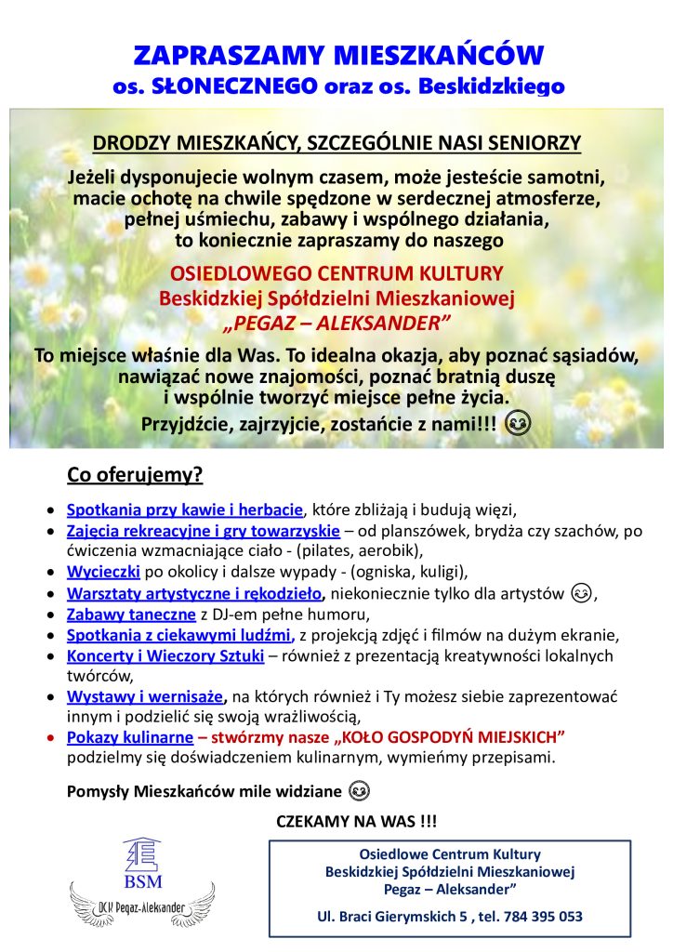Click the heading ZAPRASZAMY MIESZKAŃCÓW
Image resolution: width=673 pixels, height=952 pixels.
[x=337, y=54]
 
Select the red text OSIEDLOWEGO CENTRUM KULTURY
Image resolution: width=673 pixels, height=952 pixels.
[x=336, y=274]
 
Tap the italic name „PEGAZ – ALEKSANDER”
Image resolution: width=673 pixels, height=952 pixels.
[x=336, y=322]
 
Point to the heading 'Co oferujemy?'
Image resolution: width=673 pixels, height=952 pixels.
[x=135, y=476]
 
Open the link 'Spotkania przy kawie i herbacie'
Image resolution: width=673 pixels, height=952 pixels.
[x=185, y=509]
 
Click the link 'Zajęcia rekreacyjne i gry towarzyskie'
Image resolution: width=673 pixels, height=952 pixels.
[x=204, y=532]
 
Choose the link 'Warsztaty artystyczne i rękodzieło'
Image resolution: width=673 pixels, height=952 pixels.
[x=194, y=593]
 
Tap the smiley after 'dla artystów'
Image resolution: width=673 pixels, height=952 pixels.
[x=582, y=592]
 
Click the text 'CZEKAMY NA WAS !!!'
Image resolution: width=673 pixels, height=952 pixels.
[x=356, y=822]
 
